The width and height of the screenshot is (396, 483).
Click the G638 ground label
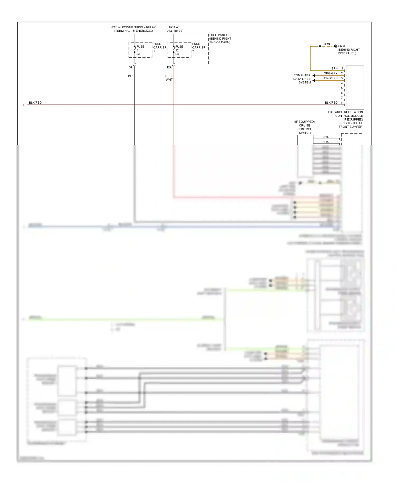pyautogui.click(x=341, y=46)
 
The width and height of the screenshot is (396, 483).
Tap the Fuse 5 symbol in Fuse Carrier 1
pyautogui.click(x=135, y=50)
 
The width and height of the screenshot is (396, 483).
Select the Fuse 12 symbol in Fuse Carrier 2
pyautogui.click(x=174, y=50)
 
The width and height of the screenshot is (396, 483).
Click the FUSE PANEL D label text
pyautogui.click(x=220, y=35)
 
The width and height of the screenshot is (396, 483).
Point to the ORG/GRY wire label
pyautogui.click(x=331, y=73)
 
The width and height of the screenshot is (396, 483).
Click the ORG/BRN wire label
pyautogui.click(x=331, y=78)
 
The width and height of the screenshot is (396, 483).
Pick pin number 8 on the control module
pyautogui.click(x=342, y=103)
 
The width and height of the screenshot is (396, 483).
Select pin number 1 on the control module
pyautogui.click(x=342, y=68)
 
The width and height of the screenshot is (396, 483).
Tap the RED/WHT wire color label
pyautogui.click(x=169, y=78)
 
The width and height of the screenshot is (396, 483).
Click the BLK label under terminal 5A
pyautogui.click(x=131, y=76)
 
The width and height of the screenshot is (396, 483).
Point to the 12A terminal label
pyautogui.click(x=169, y=67)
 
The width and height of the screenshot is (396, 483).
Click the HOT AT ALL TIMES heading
pyautogui.click(x=175, y=29)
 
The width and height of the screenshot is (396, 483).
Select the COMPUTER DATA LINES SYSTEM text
pyautogui.click(x=302, y=79)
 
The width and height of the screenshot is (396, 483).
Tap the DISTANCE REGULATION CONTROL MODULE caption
pyautogui.click(x=345, y=114)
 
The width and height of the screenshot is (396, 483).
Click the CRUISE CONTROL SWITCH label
pyautogui.click(x=305, y=129)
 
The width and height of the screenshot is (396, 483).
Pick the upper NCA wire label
pyautogui.click(x=326, y=137)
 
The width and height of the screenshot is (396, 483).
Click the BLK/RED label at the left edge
pyautogui.click(x=35, y=103)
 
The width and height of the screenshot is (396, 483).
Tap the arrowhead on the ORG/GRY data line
pyautogui.click(x=314, y=76)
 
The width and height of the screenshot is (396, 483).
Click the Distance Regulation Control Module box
pyautogui.click(x=355, y=87)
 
